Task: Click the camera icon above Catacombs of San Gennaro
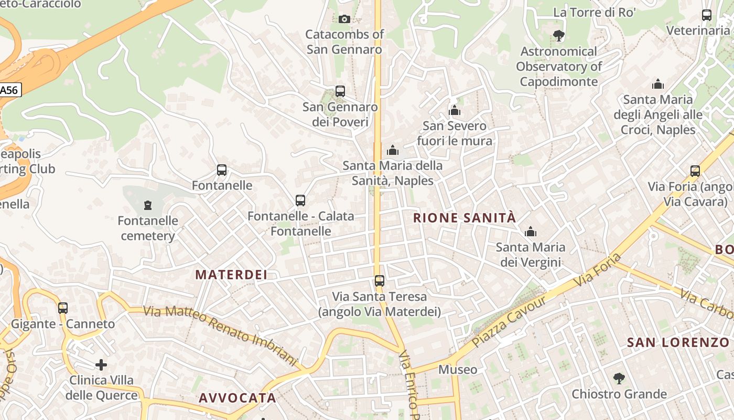coord(344,19)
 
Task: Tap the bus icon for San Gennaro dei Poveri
coord(340,91)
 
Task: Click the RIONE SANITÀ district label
coord(465,218)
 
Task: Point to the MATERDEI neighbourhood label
coord(231,275)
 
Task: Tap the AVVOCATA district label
coord(237,398)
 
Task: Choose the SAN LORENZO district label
coord(678,343)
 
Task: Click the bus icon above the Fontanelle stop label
coord(222,170)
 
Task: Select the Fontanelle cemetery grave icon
coord(148,205)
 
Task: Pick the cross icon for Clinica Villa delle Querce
coord(101,364)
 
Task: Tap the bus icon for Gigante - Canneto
coord(63,308)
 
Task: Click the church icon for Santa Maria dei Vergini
coord(531,232)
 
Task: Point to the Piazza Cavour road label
coord(509,321)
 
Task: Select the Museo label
coord(458,370)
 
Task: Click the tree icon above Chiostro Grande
coord(619,378)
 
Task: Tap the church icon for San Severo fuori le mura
coord(455,110)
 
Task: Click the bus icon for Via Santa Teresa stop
coord(380,281)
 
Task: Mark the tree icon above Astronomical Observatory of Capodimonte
coord(558,36)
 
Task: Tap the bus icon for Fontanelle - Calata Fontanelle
coord(300,201)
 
